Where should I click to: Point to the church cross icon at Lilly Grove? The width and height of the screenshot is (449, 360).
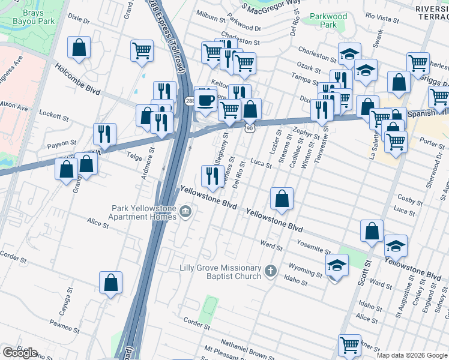(271, 272)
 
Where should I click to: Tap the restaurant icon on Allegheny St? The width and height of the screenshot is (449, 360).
(212, 175)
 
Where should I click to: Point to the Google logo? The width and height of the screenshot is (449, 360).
(20, 353)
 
